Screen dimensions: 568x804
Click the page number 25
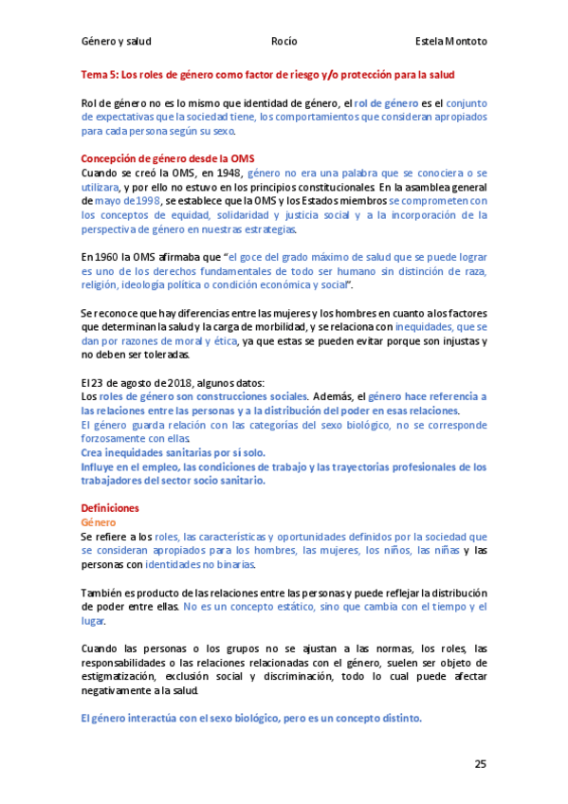point(480,764)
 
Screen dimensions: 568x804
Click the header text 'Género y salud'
point(117,43)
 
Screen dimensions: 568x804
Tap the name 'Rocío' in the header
point(284,43)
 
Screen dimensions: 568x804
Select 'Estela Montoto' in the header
point(451,43)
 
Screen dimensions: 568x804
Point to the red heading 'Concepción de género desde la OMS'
point(167,158)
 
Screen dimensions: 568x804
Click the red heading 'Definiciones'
point(110,509)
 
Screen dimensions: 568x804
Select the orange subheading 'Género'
point(99,522)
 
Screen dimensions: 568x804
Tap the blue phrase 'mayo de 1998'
point(126,201)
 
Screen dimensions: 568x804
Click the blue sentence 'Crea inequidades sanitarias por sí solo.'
point(173,453)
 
